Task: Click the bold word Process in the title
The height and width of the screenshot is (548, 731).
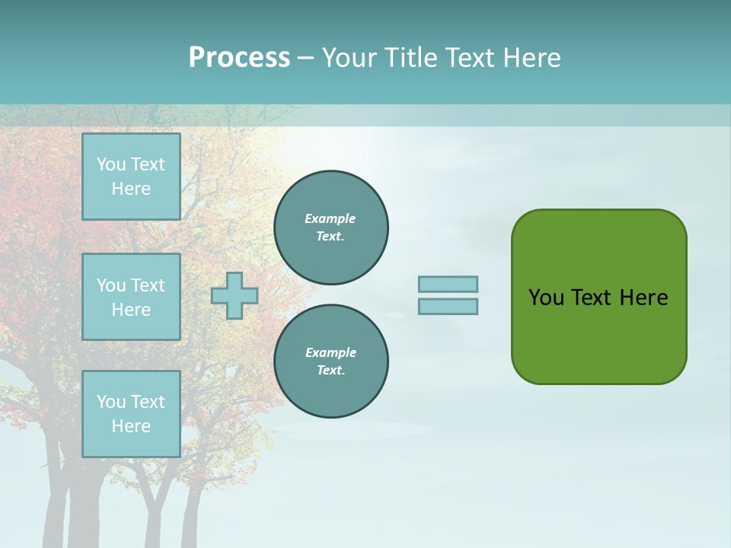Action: (x=239, y=58)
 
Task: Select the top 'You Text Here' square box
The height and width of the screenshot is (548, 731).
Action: (x=131, y=177)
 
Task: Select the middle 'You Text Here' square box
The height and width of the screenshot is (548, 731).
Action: (x=131, y=297)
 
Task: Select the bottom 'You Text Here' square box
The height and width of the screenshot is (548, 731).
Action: (x=131, y=414)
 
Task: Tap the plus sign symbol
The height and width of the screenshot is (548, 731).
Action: (x=235, y=295)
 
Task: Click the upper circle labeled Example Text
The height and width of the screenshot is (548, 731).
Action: (x=331, y=228)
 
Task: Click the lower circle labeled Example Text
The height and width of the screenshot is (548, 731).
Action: (x=331, y=362)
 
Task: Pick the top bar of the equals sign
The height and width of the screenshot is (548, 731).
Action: (x=448, y=284)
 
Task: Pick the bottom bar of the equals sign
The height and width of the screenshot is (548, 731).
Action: (x=448, y=307)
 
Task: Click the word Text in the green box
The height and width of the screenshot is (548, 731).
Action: (x=592, y=298)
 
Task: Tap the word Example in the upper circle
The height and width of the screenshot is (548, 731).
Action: (x=330, y=218)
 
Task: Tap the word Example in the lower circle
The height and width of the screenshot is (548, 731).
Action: (x=330, y=352)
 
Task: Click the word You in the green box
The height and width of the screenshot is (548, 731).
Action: (x=546, y=298)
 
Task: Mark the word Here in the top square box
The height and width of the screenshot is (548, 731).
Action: (x=131, y=189)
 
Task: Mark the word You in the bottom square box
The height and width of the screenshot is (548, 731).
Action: (x=111, y=402)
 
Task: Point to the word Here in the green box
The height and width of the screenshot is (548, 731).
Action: (x=643, y=298)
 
